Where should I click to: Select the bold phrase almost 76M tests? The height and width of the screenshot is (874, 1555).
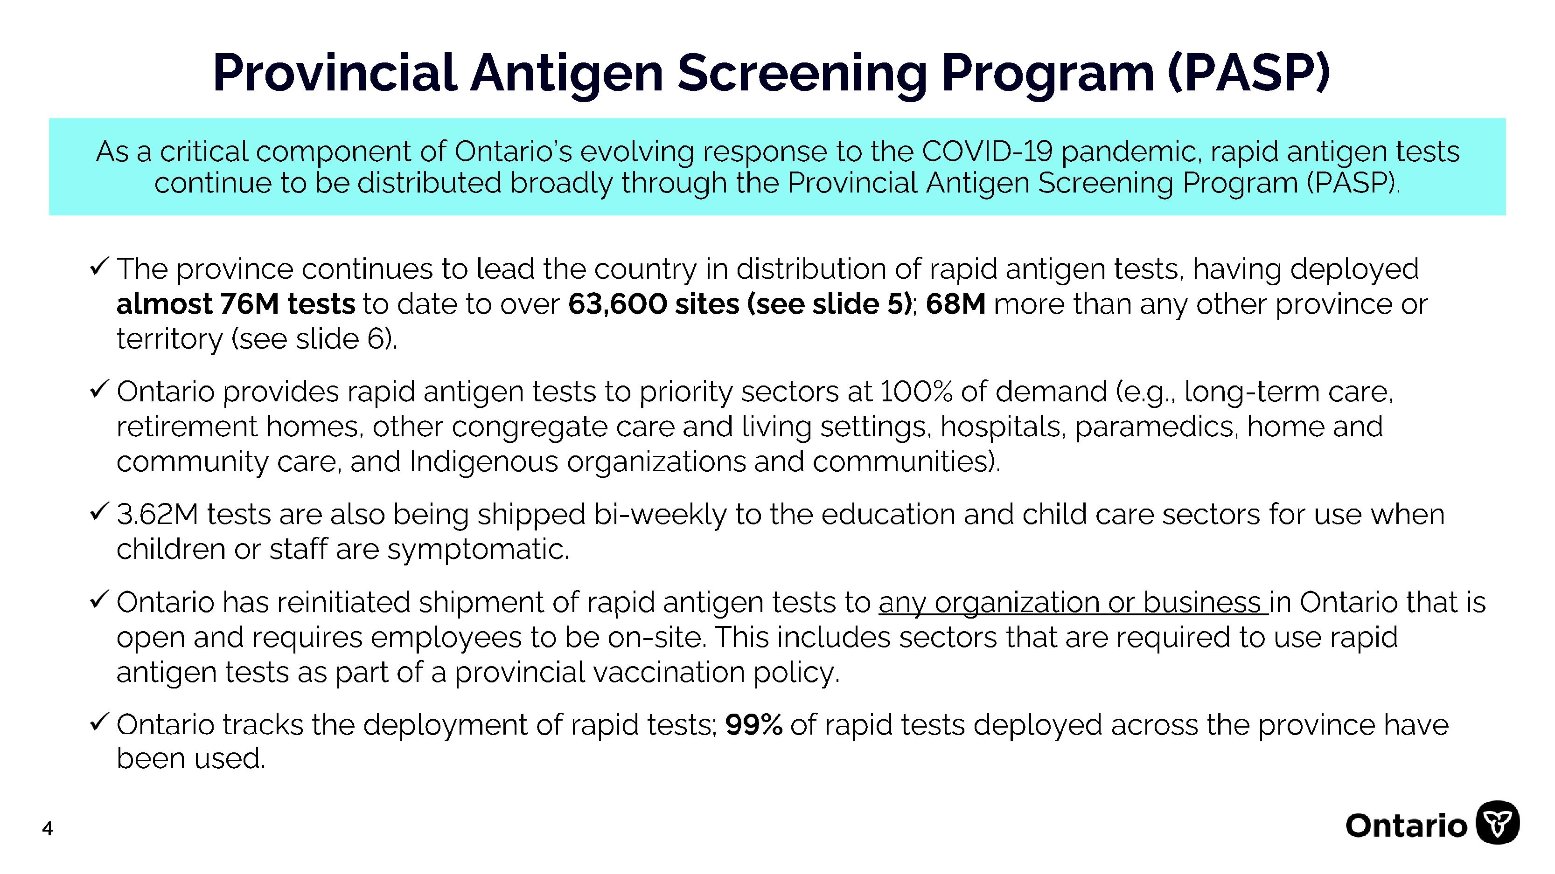coord(236,303)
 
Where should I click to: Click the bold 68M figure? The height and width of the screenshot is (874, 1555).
coord(955,303)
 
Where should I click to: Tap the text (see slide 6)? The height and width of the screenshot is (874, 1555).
coord(314,338)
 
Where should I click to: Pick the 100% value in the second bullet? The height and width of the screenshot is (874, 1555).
coord(916,392)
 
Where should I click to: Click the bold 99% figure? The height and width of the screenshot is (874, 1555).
coord(753,724)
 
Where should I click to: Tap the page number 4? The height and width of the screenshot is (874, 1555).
coord(48,829)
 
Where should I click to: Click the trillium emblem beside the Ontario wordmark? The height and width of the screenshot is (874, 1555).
coord(1498,822)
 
